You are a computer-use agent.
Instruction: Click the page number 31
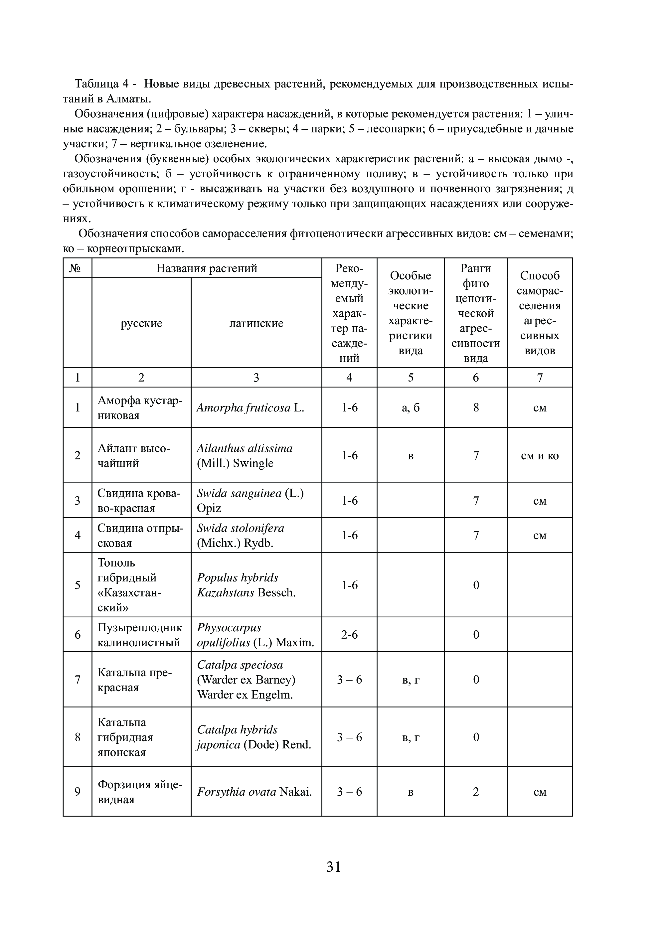coord(334,866)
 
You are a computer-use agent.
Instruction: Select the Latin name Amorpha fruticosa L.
coord(250,407)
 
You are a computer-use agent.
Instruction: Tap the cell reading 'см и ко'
coord(540,456)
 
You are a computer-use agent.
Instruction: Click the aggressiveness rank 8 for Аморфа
coord(476,407)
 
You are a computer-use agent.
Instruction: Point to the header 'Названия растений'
coord(207,268)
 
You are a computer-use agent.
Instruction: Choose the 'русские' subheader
coord(141,323)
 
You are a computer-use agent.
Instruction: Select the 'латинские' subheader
coord(256,323)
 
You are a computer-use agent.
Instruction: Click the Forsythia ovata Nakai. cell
coord(254,792)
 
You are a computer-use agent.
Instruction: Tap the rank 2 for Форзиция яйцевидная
coord(476,792)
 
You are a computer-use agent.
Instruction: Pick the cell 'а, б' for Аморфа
coord(411,407)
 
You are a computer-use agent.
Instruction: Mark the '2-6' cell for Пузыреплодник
coord(349,635)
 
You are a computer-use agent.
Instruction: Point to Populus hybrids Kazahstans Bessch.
coord(246,585)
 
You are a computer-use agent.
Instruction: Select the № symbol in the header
coord(77,268)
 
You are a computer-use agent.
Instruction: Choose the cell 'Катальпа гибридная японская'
coord(125,737)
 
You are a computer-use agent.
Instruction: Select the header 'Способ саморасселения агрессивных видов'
coord(540,313)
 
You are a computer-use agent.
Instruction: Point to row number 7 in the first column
coord(77,680)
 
